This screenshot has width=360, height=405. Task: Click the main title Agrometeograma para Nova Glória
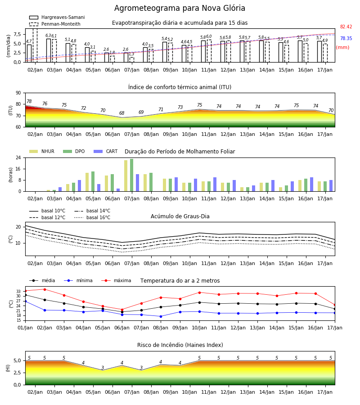[x=180, y=8]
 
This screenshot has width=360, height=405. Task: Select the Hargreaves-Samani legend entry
[x=57, y=17]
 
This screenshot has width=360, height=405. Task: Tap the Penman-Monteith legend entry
[x=55, y=24]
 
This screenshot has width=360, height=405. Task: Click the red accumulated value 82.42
[x=346, y=27]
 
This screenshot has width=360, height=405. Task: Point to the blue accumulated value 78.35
[x=346, y=38]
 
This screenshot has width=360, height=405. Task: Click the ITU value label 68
[x=121, y=113]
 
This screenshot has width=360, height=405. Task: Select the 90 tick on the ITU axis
[x=18, y=93]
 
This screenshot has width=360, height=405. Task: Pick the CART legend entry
[x=105, y=151]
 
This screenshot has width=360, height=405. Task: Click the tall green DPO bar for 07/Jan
[x=132, y=175]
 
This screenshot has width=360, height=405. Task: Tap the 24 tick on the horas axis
[x=18, y=157]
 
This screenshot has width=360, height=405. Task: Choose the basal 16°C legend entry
[x=92, y=217]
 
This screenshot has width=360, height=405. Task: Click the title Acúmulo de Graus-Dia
[x=180, y=216]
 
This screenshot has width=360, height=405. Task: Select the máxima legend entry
[x=116, y=280]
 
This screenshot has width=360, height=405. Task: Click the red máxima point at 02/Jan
[x=45, y=289]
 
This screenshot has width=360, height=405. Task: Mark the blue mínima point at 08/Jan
[x=161, y=316]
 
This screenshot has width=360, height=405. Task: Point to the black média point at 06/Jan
[x=122, y=312]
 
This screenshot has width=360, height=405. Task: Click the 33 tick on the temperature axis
[x=18, y=291]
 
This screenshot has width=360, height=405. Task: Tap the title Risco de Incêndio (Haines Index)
[x=180, y=345]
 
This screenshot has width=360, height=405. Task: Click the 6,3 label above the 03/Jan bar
[x=48, y=36]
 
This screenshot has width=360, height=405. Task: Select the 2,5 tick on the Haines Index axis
[x=17, y=373]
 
